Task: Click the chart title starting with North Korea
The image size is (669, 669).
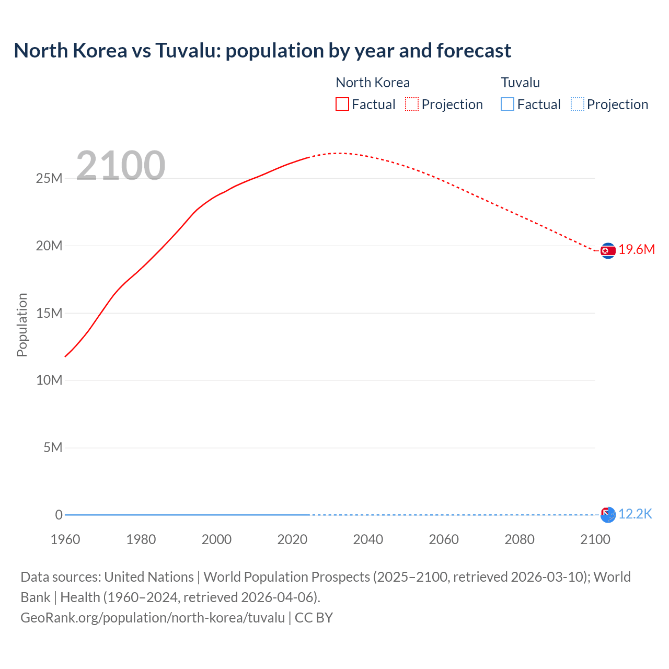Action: (262, 51)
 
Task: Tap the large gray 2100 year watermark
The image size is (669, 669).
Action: (121, 166)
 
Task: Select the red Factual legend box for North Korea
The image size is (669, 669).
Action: (342, 105)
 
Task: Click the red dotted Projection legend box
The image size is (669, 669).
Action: (412, 105)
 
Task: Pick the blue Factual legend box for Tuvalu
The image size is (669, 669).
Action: (507, 105)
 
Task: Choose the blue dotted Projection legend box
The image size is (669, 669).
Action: (578, 105)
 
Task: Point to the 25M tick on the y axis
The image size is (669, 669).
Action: (49, 179)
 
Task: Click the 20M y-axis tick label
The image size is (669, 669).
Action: (49, 246)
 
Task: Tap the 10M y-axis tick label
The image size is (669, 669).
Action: (49, 380)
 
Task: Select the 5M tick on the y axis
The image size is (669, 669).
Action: (53, 448)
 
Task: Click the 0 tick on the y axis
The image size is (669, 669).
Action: (59, 515)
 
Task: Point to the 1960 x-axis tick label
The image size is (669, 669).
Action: (65, 539)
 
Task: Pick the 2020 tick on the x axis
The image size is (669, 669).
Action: (292, 539)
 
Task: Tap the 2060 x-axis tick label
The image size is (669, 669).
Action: (444, 539)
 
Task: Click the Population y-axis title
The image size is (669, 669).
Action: (22, 325)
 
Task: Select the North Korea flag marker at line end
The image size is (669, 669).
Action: (608, 251)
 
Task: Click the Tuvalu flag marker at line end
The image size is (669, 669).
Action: (608, 515)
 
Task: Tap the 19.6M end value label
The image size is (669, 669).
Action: (637, 250)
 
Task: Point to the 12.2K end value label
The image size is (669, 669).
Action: (635, 514)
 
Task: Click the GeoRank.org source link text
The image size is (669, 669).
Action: (153, 618)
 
